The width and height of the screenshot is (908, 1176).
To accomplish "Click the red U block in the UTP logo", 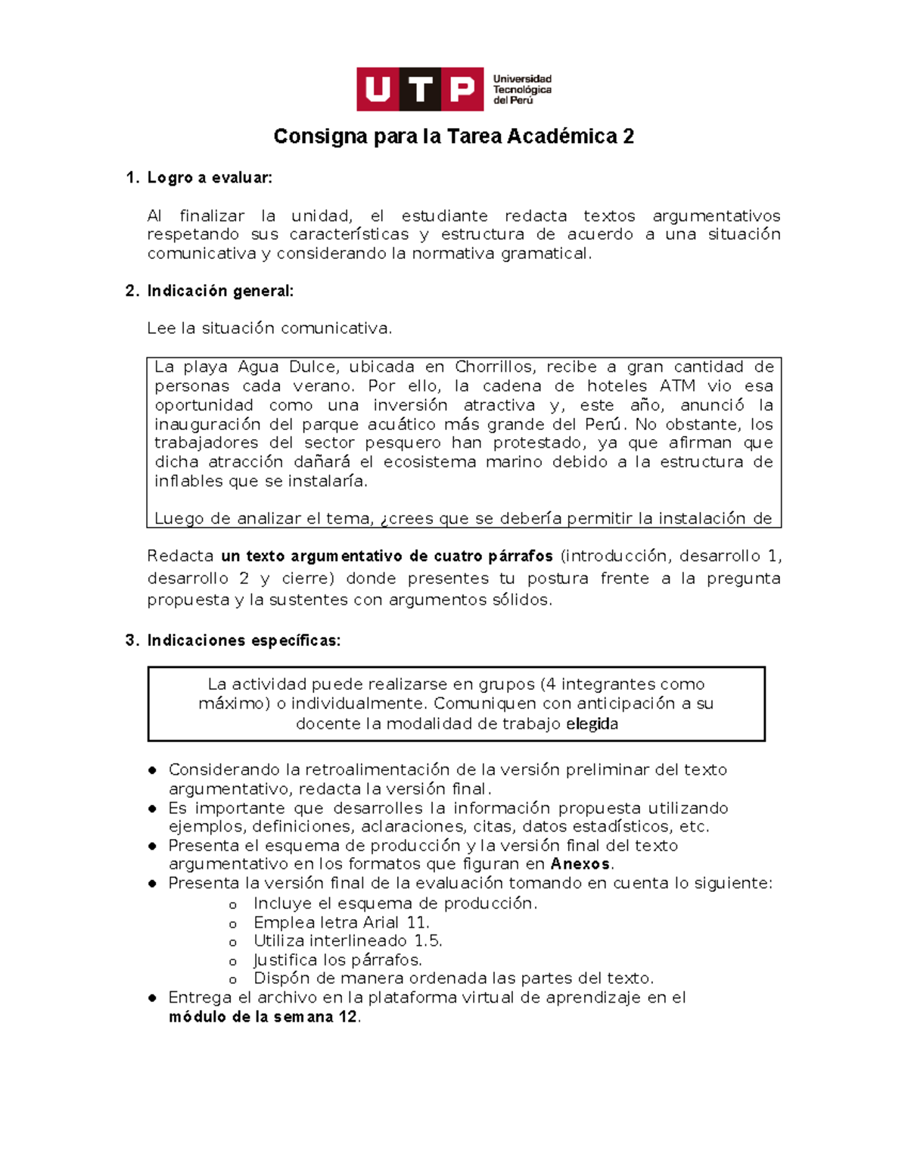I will (377, 89).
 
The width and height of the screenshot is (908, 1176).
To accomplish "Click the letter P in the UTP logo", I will (462, 89).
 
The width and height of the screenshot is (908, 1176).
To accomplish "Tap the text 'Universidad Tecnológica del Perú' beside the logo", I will (522, 89).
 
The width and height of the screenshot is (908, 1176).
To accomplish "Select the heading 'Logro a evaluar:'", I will (210, 178).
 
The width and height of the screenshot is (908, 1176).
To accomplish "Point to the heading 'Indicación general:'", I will (220, 291).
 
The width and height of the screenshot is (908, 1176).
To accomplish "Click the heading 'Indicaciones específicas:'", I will (244, 641).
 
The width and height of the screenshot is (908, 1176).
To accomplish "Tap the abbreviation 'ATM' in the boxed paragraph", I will (677, 386).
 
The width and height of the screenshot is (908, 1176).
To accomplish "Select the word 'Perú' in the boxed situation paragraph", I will (604, 424).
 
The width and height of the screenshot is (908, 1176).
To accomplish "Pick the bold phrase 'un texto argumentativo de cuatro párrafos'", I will (387, 557).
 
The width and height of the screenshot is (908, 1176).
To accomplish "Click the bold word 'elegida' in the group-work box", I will (592, 724).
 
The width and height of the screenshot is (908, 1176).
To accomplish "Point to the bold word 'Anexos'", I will (580, 864).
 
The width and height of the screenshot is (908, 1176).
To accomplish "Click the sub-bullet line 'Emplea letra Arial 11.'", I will (341, 922).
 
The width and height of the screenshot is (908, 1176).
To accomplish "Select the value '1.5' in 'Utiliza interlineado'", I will (427, 941).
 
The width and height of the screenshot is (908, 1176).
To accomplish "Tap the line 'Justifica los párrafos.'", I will (337, 960).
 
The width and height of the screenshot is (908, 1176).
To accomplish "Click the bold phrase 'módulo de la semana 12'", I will (263, 1017).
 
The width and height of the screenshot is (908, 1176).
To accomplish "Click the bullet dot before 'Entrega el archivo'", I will (153, 998).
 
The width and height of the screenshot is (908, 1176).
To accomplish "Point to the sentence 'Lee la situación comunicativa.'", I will (269, 329).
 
